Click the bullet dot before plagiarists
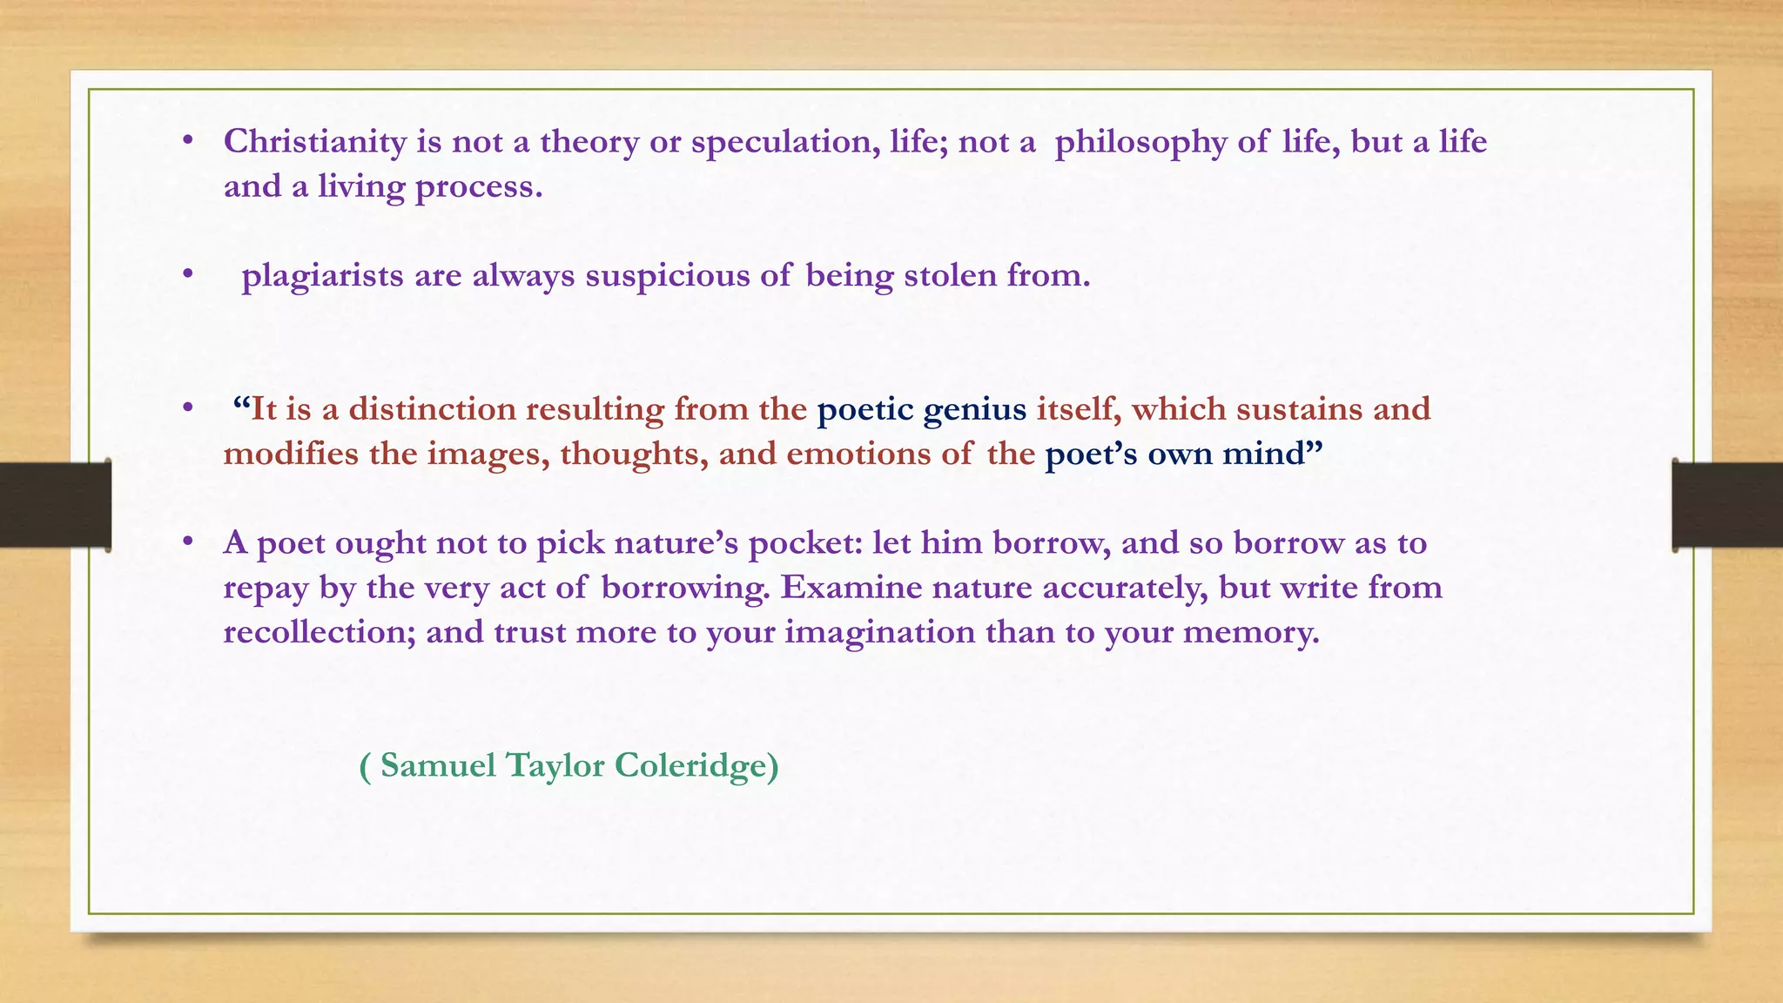point(187,274)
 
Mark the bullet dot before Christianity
point(187,141)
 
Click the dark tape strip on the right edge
point(1727,505)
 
